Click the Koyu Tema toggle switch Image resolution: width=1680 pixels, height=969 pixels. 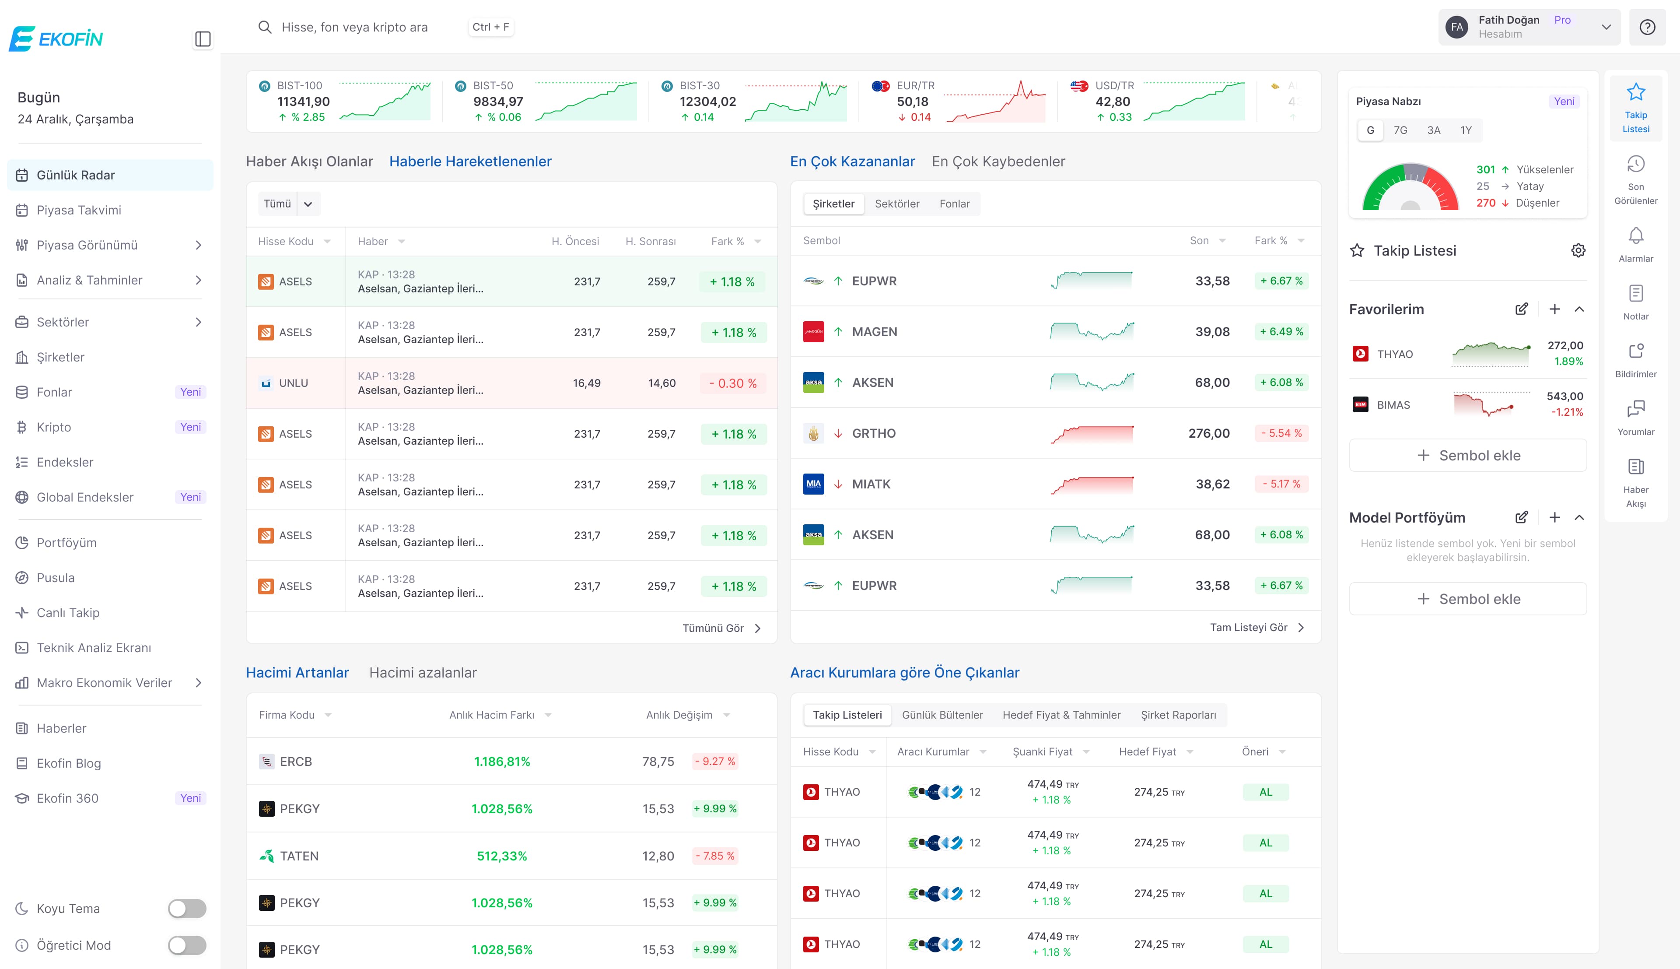[x=187, y=909]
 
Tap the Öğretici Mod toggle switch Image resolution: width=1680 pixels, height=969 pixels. [x=187, y=945]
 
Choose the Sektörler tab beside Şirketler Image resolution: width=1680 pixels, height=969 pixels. [x=896, y=204]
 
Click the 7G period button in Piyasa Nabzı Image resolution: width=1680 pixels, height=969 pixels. [x=1400, y=130]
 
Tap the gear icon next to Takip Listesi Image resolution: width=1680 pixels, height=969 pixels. [x=1578, y=250]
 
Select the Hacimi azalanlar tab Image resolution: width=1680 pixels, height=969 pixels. [x=423, y=673]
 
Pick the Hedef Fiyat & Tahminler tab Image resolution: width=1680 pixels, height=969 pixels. [x=1061, y=715]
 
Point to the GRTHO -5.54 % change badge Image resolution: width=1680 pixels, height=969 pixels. [x=1281, y=433]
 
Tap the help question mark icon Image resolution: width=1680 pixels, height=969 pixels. [x=1647, y=27]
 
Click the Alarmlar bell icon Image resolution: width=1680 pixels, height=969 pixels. [x=1635, y=235]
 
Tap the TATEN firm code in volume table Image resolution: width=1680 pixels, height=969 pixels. [x=299, y=856]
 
